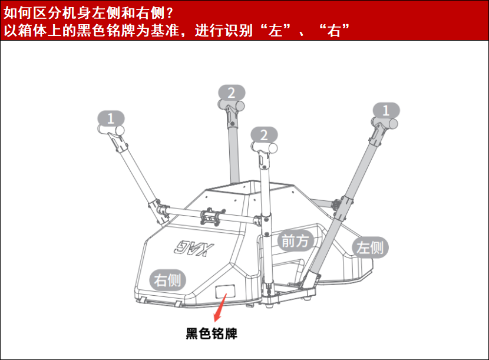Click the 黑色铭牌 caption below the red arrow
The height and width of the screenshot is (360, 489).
[212, 334]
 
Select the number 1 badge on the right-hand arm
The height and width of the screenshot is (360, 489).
[386, 110]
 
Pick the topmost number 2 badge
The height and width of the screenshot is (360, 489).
[231, 93]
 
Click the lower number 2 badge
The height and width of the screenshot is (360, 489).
[263, 134]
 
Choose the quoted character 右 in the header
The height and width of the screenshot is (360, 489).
[335, 30]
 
